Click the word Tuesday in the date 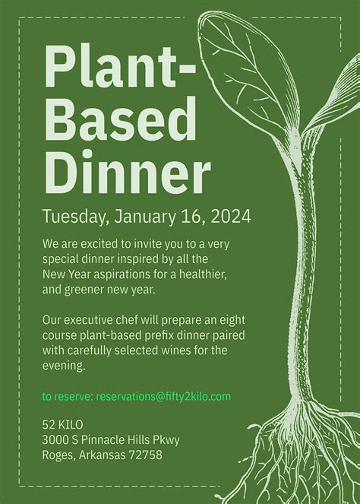pos(74,215)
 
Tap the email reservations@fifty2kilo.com pos(163,396)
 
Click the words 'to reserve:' pos(67,396)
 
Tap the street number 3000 pos(57,439)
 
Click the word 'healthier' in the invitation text pos(201,274)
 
